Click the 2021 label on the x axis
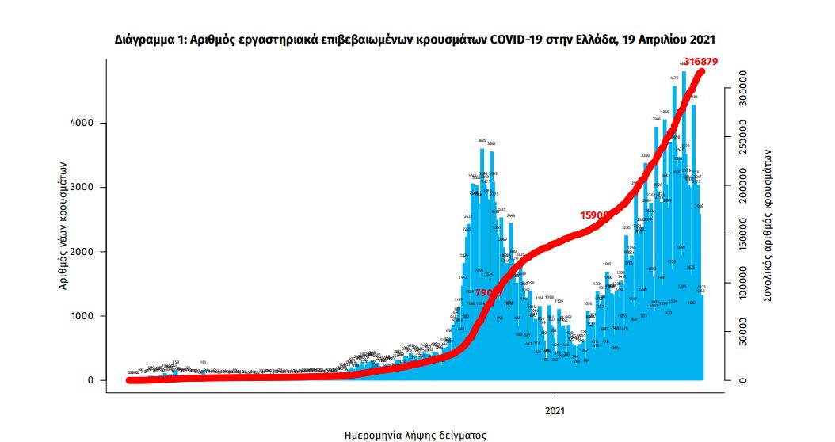(x=555, y=410)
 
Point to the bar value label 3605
(x=482, y=140)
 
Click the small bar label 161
(x=203, y=362)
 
